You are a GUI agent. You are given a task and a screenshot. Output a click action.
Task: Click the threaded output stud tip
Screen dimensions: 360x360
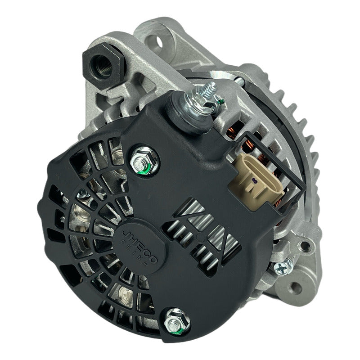click(x=204, y=85)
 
